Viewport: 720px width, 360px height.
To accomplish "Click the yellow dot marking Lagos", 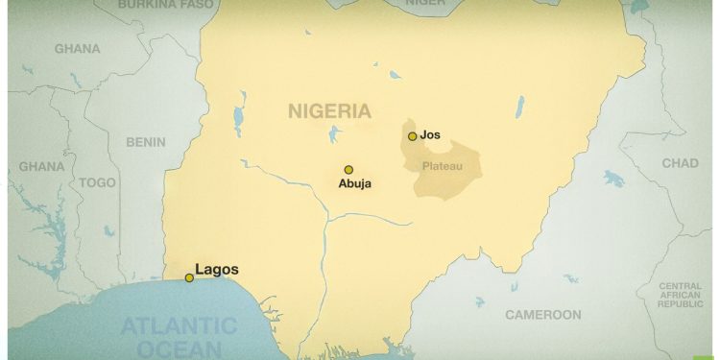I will (x=189, y=278).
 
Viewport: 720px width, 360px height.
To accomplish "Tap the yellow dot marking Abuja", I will (x=348, y=170).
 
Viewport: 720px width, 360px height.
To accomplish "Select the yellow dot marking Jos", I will (x=412, y=136).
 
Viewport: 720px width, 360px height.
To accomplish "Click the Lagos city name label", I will (x=217, y=270).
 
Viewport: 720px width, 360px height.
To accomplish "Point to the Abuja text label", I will (x=354, y=183).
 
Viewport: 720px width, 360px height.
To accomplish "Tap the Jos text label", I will (x=430, y=135).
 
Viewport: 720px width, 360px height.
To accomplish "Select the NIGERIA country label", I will (x=329, y=111).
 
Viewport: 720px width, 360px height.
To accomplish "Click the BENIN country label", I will (x=146, y=142).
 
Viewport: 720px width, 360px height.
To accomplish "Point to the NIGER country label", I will (x=425, y=4).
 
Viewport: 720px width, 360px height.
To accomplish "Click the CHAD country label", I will (x=680, y=163).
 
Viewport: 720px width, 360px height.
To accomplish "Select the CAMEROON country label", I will (x=543, y=314).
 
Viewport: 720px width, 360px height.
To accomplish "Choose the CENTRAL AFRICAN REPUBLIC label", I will (x=680, y=295).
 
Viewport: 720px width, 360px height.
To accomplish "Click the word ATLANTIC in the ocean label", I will (x=178, y=326).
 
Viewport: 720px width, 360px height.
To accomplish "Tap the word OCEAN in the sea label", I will (x=178, y=348).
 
